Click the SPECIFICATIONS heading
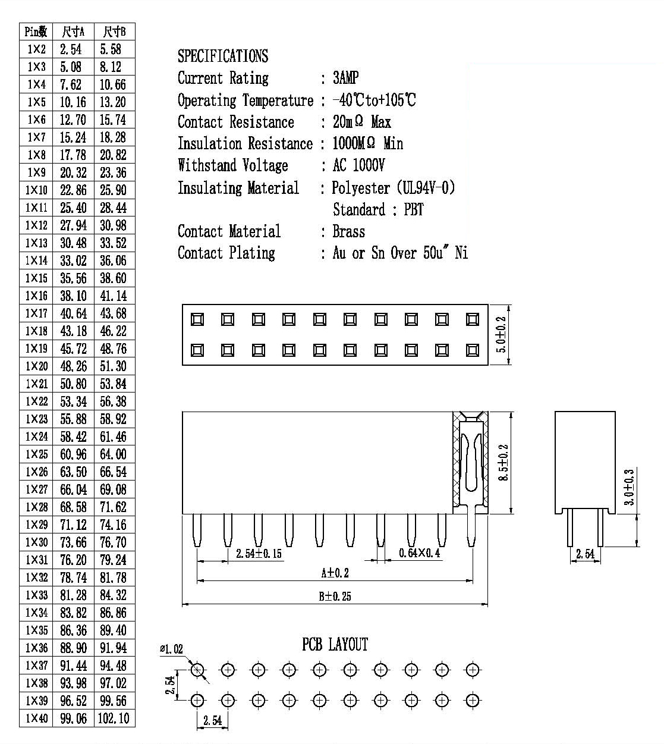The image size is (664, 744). (x=223, y=56)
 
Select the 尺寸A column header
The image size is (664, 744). (x=73, y=32)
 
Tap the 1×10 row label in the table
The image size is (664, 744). (x=36, y=190)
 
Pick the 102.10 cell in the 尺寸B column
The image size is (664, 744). (x=114, y=718)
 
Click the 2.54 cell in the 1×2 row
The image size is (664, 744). (x=71, y=49)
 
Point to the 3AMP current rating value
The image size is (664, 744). (x=345, y=78)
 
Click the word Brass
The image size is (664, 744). (x=349, y=231)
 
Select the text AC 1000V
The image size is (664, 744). (x=358, y=165)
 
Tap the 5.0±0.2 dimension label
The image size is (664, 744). (x=501, y=335)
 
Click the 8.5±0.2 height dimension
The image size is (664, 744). (x=503, y=462)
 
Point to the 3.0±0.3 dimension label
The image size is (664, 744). (x=629, y=487)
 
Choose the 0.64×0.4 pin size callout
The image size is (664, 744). (x=419, y=552)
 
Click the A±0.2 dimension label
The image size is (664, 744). (x=335, y=573)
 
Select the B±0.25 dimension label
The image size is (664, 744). (x=335, y=597)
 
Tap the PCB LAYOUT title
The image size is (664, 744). (x=335, y=645)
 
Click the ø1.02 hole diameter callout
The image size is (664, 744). (x=171, y=649)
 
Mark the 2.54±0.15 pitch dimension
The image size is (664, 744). (x=259, y=554)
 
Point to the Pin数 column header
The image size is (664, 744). (x=36, y=32)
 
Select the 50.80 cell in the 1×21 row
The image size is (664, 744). (x=73, y=384)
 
